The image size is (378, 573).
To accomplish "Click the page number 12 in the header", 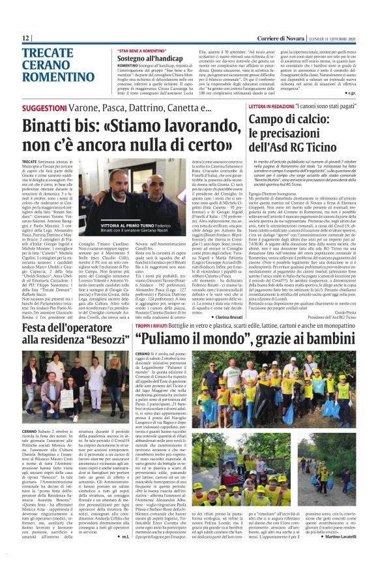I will click(25, 39).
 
